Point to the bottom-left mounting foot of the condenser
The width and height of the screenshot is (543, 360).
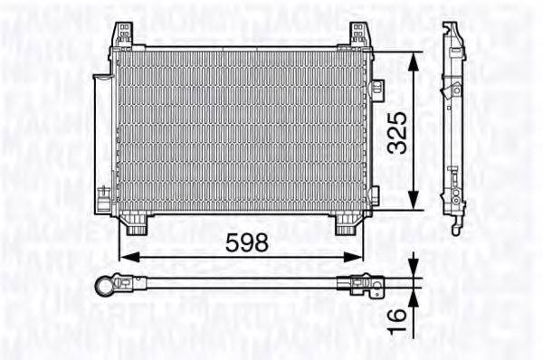pyautogui.click(x=136, y=223)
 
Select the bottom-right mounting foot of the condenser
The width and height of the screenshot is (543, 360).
pyautogui.click(x=346, y=223)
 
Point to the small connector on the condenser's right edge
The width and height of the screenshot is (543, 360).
pyautogui.click(x=377, y=90)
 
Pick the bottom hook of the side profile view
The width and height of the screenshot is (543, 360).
pyautogui.click(x=454, y=226)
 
